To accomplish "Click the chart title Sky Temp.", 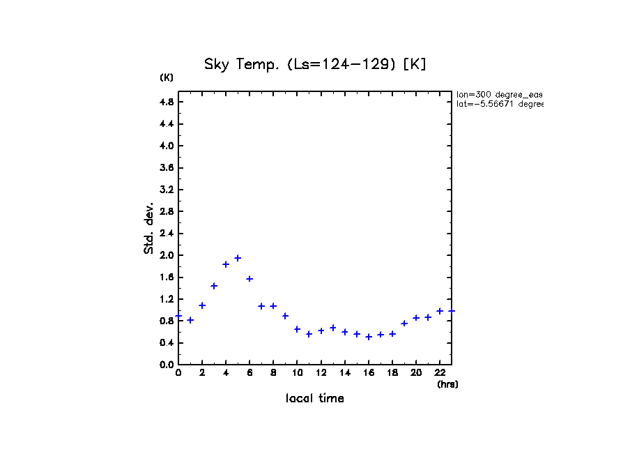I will click(314, 64).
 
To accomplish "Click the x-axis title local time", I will click(315, 398).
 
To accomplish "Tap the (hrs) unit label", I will click(447, 384).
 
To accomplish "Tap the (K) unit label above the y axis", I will click(167, 77).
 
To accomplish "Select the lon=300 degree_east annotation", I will click(499, 94).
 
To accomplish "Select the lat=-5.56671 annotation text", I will click(499, 104).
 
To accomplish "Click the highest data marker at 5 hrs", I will click(238, 258).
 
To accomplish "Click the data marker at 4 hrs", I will click(226, 264).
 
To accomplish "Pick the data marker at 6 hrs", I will click(249, 278).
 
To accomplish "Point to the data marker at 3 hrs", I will click(214, 286).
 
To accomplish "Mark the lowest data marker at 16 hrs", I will click(369, 337).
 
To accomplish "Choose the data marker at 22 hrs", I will click(440, 311).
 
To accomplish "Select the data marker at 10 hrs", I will click(297, 329).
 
